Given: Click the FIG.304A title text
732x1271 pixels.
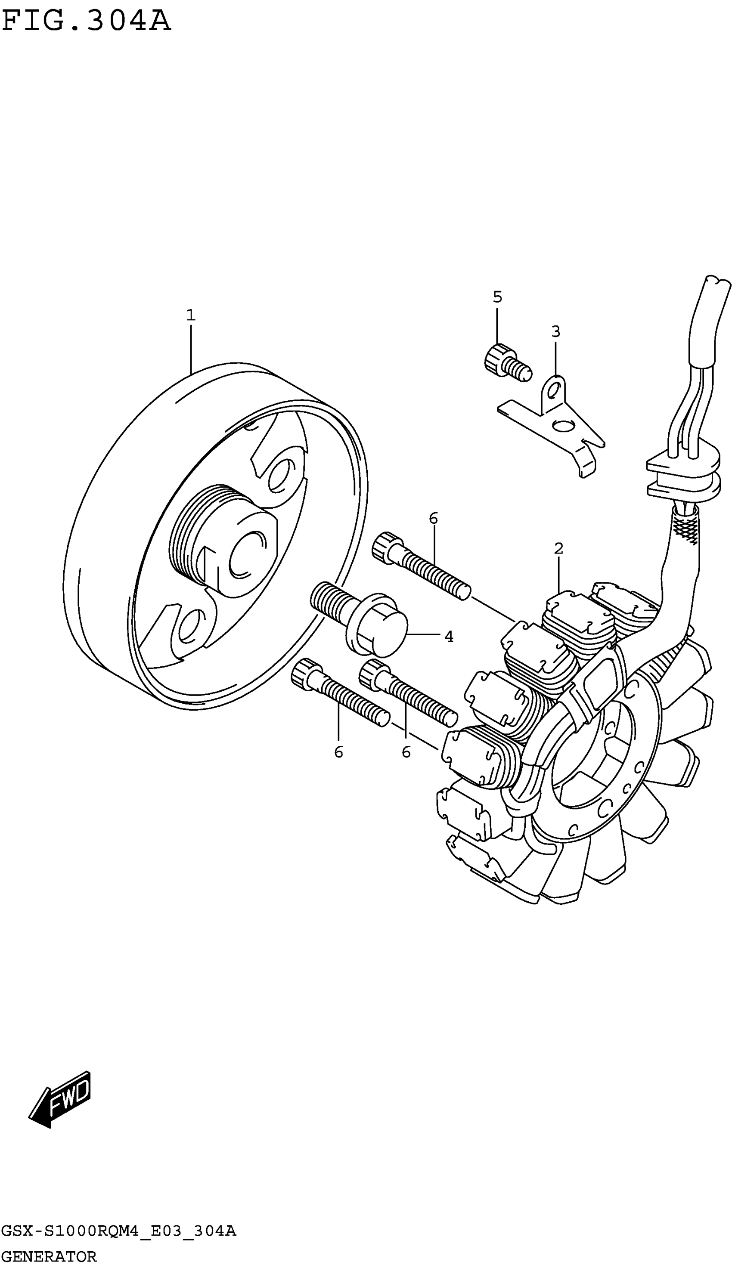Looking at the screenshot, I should pos(87,21).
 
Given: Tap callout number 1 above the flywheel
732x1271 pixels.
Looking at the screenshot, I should pos(191,315).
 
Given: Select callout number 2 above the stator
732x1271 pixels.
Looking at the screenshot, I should pos(558,549).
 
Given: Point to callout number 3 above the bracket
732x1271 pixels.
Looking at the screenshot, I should pos(555,331).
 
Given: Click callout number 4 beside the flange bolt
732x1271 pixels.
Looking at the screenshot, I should pos(449,637).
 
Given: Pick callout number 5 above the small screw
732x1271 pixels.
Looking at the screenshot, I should pos(497,297).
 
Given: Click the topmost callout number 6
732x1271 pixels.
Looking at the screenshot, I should pos(433,518).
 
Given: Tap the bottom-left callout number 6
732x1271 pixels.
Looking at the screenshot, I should pos(338,752).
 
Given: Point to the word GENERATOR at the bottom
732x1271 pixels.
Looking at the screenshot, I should pos(49,1256).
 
